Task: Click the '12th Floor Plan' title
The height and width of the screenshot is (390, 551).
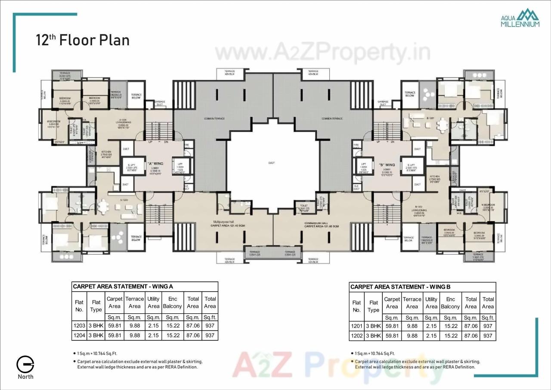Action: tap(83, 40)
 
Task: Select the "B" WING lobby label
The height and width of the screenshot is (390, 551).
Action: tap(387, 165)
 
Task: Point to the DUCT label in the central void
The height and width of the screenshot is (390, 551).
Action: tap(271, 163)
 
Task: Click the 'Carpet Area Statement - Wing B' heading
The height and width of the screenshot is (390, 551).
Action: tap(400, 287)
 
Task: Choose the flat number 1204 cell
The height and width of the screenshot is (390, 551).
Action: tap(79, 335)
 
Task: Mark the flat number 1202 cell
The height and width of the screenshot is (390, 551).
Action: tap(357, 336)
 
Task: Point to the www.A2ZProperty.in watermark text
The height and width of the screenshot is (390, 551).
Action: tap(322, 53)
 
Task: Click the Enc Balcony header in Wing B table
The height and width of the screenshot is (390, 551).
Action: tap(451, 303)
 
